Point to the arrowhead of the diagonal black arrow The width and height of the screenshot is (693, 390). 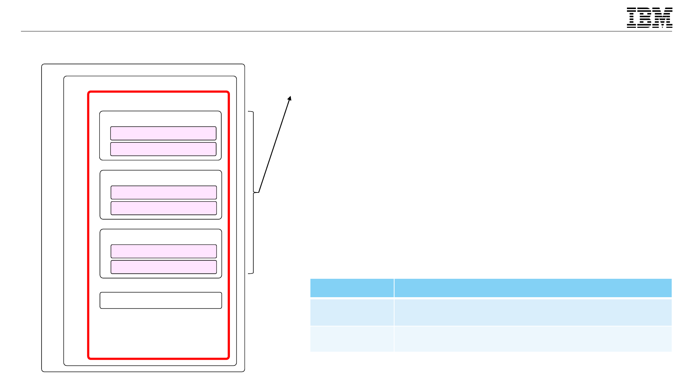coord(290,98)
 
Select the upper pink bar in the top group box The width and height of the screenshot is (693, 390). coord(163,133)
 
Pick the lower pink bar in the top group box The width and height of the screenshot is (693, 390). coord(163,149)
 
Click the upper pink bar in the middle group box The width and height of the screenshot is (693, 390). coord(164,192)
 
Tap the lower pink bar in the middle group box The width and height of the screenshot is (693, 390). coord(164,208)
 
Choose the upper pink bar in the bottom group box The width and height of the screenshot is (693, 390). coord(164,251)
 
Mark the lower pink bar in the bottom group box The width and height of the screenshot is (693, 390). coord(164,267)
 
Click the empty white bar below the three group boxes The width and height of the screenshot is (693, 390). coord(161,300)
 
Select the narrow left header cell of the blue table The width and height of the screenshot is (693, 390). coord(352,288)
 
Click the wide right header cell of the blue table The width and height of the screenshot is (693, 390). coord(533,288)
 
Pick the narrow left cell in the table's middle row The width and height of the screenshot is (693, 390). coord(352,312)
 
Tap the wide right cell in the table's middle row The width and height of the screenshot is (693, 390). coord(533,312)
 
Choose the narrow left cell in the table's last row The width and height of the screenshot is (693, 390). coord(352,339)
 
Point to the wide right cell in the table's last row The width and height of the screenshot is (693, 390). coord(533,339)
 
